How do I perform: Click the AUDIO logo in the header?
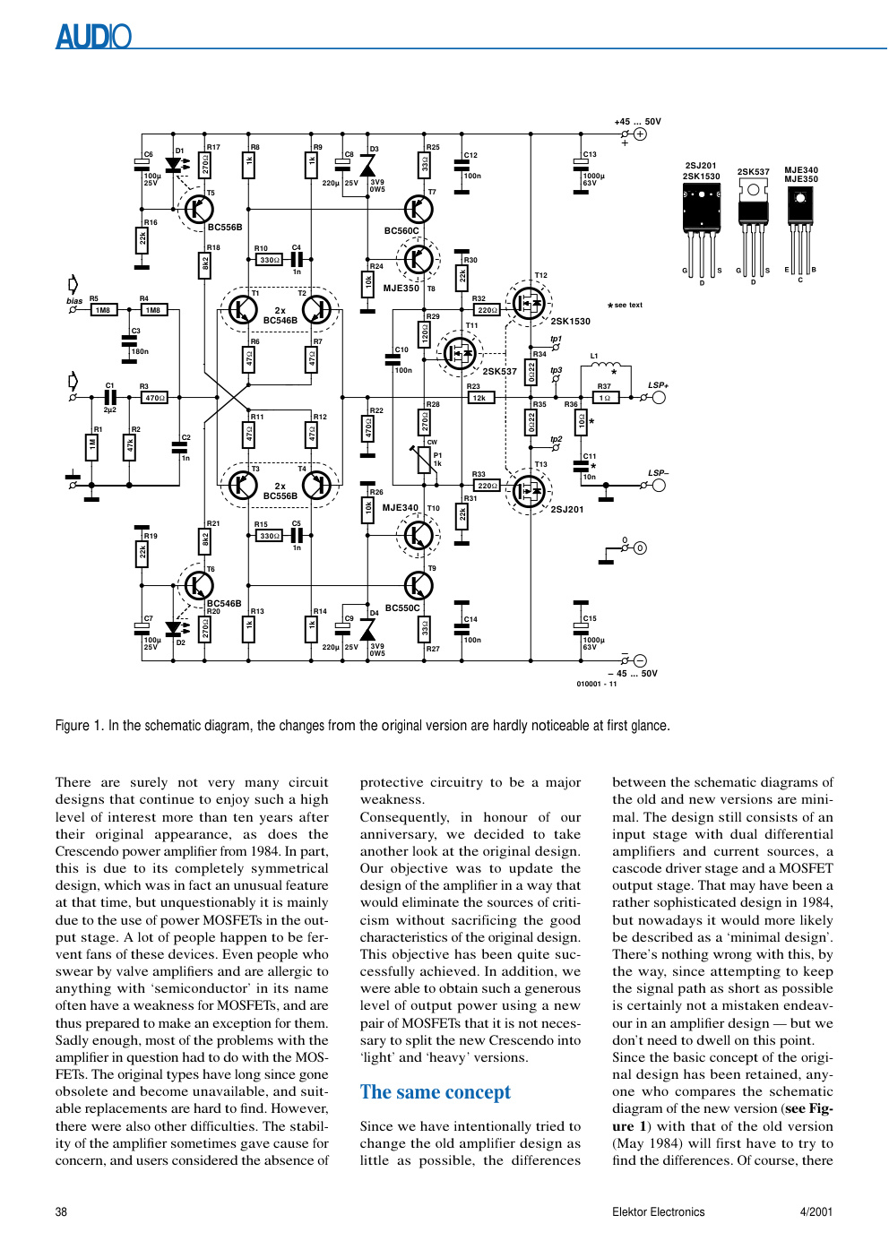pos(94,36)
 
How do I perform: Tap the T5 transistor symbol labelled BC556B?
pos(199,209)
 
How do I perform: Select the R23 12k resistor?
pos(480,398)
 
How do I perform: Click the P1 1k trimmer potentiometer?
pos(425,460)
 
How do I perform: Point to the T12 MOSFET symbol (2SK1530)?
pos(529,303)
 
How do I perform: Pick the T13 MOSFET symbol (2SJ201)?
pos(529,491)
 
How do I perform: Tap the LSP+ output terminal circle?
pos(658,398)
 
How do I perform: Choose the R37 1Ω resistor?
pos(606,398)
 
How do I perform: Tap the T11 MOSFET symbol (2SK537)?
pos(459,353)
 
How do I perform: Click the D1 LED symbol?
pos(174,165)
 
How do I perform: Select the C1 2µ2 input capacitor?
pos(110,398)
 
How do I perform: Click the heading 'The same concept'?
pos(436,1092)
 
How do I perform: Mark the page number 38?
pos(61,1212)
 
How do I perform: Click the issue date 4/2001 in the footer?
pos(816,1212)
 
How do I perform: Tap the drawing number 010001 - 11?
pos(597,684)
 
